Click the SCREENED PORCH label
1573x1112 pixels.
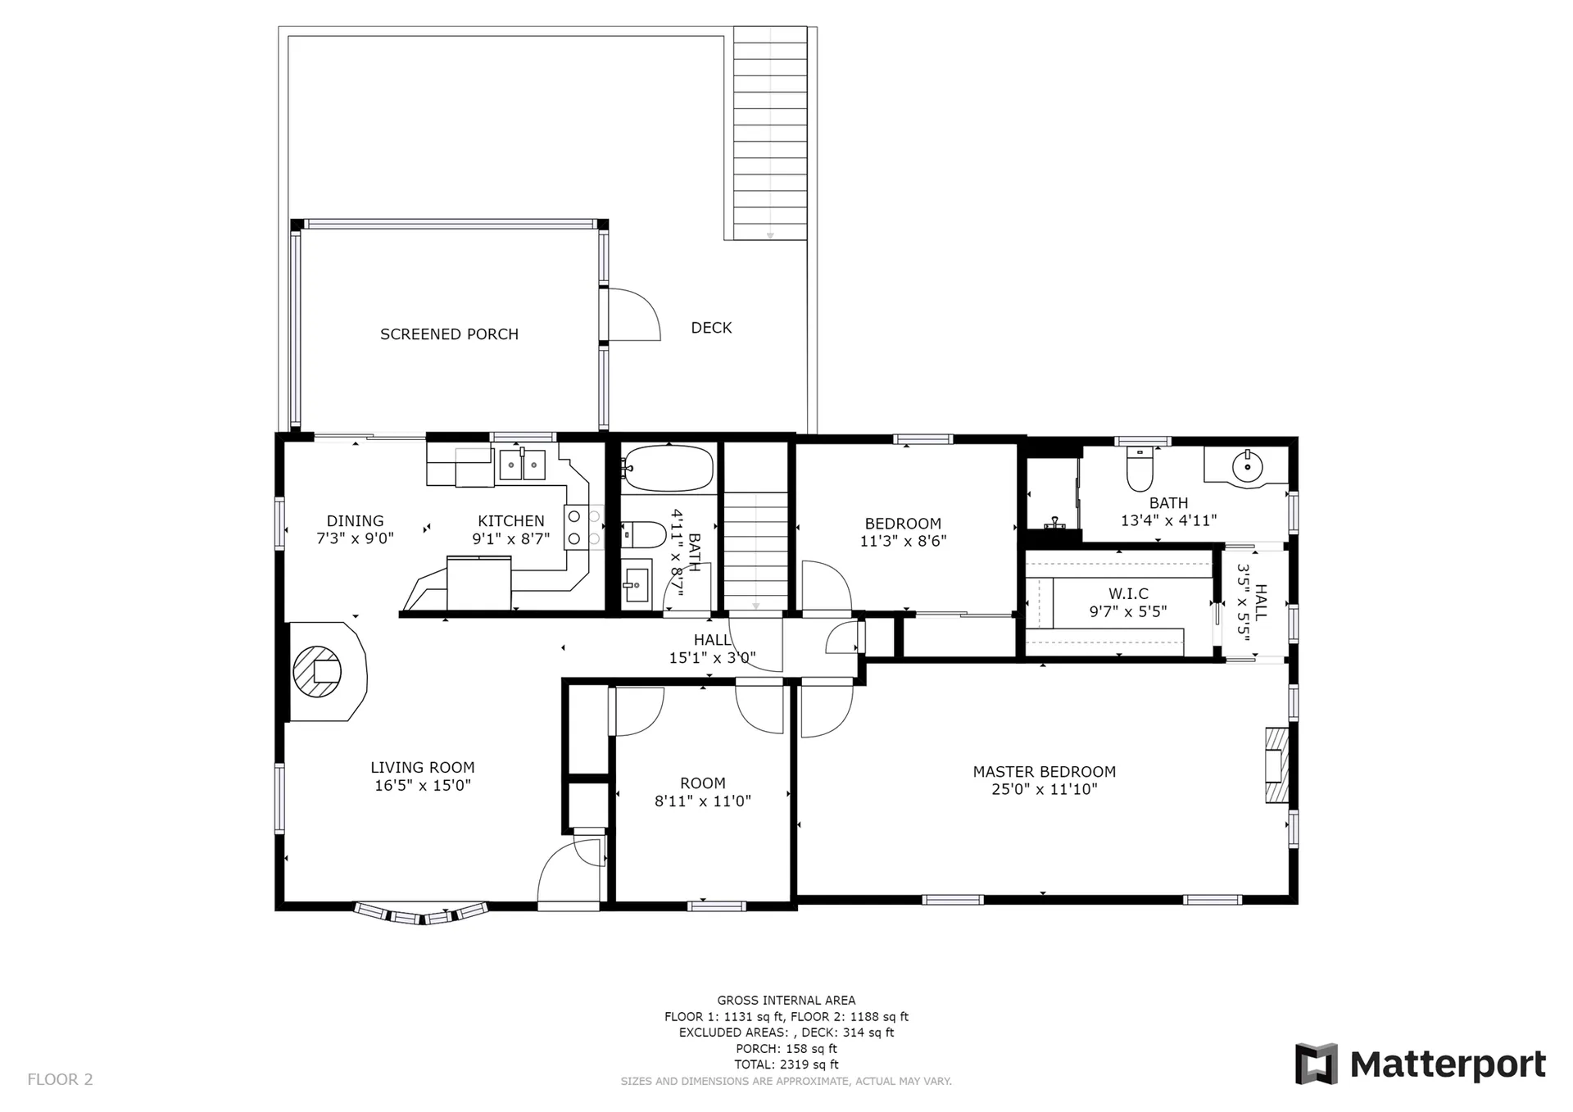449,334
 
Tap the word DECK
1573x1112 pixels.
711,328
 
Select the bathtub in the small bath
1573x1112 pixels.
668,468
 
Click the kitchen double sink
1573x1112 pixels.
523,465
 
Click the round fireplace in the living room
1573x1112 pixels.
317,671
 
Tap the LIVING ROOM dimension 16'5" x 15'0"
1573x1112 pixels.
423,786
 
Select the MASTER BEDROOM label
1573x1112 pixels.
1045,772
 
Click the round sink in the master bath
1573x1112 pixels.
1247,468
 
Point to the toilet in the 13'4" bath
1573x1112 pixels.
1140,468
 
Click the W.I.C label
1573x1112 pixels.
1129,593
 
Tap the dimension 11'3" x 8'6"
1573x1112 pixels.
904,541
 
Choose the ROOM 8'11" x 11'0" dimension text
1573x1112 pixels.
703,801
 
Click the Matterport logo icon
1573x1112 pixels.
1316,1064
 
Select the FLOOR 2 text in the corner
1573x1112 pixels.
61,1079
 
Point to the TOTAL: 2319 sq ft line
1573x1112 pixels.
786,1064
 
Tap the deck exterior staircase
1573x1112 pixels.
770,133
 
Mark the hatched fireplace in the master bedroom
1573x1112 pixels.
1276,765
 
